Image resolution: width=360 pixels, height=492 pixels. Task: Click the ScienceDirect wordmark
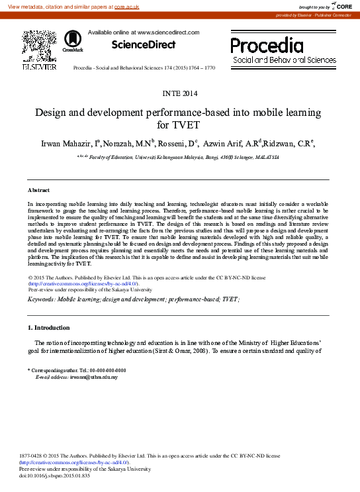144,45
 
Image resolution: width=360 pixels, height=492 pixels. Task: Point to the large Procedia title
267,46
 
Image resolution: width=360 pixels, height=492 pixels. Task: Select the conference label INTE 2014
180,93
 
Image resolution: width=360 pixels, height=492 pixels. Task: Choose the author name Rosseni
174,143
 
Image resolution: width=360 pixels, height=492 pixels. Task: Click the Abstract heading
38,190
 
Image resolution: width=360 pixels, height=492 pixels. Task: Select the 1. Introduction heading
48,328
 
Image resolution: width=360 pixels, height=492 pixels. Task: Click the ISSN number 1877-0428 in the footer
34,456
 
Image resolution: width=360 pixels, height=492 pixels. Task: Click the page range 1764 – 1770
201,68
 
